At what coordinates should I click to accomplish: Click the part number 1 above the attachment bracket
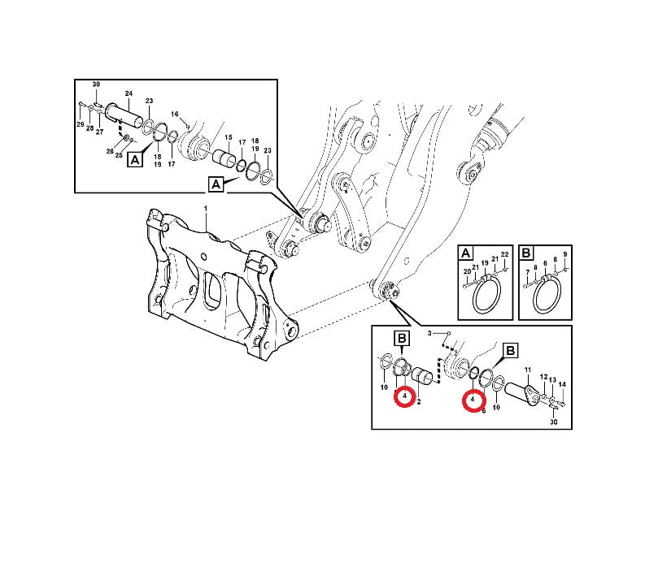206,209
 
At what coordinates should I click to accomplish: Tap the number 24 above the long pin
129,93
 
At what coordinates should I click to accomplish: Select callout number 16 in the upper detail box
175,115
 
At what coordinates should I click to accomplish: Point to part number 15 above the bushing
229,137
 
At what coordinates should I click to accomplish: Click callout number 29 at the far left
81,124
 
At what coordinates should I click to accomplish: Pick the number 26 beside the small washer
110,151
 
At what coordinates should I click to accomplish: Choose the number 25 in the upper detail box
119,155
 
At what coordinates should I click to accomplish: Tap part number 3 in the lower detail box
429,333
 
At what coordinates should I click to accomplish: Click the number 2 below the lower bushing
419,402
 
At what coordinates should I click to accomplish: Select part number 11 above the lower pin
528,370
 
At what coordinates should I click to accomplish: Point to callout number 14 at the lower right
562,384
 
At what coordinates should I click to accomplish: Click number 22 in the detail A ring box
505,254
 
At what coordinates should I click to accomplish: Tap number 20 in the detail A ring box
467,271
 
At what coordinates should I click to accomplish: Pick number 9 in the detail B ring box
565,254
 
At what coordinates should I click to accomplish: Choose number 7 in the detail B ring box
528,272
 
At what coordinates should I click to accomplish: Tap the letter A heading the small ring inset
465,253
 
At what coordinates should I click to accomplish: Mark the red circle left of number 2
405,396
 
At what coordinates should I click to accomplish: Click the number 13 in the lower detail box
552,380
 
